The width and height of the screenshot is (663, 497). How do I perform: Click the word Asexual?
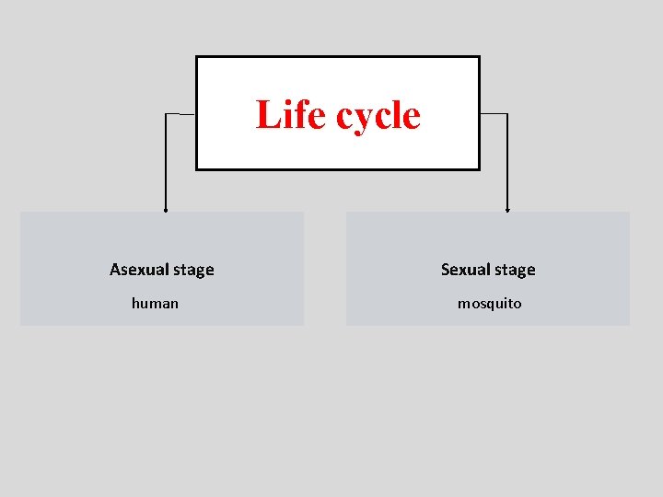[139, 270]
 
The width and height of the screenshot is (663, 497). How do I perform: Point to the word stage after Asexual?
[193, 271]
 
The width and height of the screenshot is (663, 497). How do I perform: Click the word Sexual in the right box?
[466, 270]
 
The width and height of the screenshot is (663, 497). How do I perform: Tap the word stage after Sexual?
[515, 271]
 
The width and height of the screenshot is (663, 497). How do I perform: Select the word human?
[156, 303]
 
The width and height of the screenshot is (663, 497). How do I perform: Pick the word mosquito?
[490, 304]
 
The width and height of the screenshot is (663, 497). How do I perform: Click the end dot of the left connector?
[166, 210]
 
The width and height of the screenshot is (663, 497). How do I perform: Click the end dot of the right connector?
[507, 210]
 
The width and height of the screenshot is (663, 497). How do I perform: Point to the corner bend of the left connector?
[166, 114]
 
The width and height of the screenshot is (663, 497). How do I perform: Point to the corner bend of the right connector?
[507, 114]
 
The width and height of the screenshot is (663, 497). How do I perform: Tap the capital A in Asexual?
[115, 270]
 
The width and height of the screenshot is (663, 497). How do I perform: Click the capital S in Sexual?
[446, 270]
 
